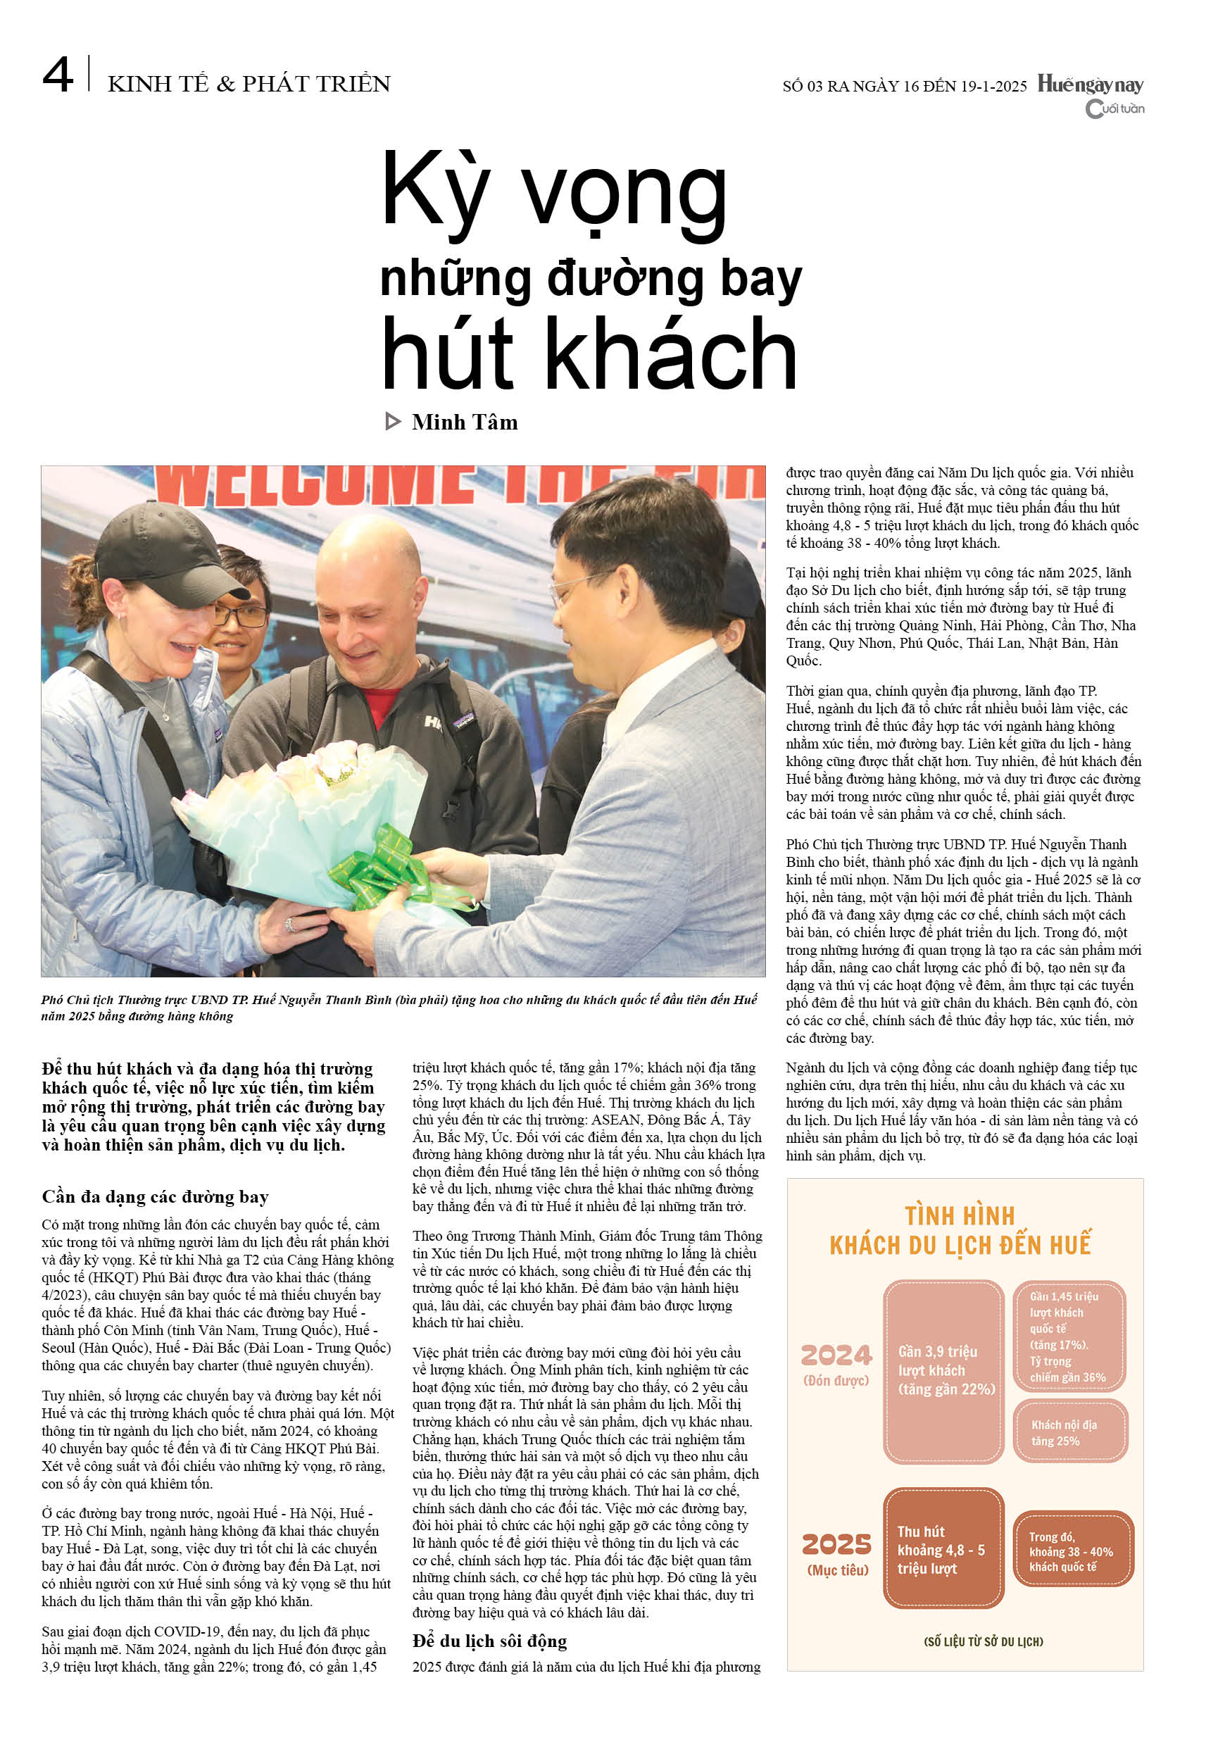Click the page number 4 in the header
tap(58, 75)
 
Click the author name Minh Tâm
tap(465, 422)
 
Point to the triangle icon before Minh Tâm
tap(393, 422)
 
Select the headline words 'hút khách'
tap(589, 353)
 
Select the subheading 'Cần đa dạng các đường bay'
tap(155, 1197)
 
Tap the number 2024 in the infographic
tap(836, 1355)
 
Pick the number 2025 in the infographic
tap(836, 1544)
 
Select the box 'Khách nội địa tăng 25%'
tap(1070, 1432)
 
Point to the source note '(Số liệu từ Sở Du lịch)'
tap(983, 1641)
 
